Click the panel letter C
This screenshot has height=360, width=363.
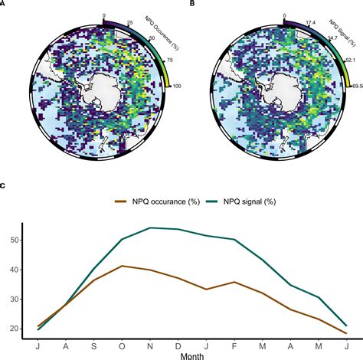point(4,185)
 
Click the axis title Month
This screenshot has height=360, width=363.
point(193,355)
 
